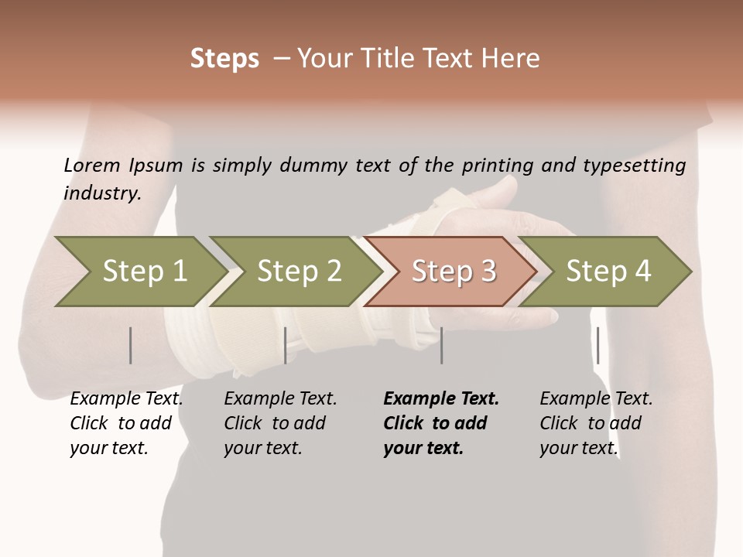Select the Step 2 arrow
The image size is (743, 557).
[x=298, y=271]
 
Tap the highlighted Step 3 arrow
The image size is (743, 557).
[x=453, y=271]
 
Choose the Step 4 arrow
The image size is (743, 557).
[x=608, y=271]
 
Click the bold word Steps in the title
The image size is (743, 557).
[x=224, y=59]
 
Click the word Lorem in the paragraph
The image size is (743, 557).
[x=92, y=165]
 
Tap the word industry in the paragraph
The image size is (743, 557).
[x=102, y=193]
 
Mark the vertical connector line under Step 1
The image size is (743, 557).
[x=131, y=345]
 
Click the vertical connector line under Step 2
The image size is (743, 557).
[x=286, y=345]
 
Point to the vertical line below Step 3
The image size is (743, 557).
[x=441, y=345]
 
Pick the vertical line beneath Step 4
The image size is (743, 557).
[x=597, y=345]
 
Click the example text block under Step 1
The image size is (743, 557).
[x=126, y=423]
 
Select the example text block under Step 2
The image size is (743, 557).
[x=280, y=423]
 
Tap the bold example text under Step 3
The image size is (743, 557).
[x=440, y=423]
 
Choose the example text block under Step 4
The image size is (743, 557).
[x=596, y=423]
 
